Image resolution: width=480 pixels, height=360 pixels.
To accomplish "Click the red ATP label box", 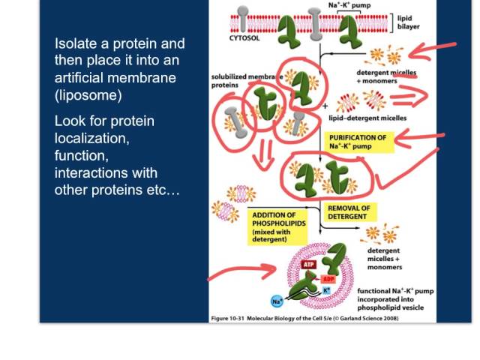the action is [x=308, y=264].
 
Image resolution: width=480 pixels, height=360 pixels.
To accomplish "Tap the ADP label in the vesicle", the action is [x=328, y=279].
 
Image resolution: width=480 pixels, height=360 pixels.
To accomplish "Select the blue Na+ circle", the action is [x=277, y=301].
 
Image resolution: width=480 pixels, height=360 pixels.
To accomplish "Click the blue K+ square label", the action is [x=326, y=290].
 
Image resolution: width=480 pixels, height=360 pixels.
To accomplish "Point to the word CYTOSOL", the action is [x=244, y=38].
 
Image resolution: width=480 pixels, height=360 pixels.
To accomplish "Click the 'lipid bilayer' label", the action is [x=408, y=22].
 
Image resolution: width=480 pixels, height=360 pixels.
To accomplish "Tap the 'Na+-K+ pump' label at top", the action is [x=349, y=5].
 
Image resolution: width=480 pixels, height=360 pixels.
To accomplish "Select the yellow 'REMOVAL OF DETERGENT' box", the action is [x=349, y=212].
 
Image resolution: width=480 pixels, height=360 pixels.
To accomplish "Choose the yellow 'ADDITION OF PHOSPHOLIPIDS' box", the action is [x=278, y=226].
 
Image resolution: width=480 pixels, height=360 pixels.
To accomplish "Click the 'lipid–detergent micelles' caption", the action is [x=367, y=118].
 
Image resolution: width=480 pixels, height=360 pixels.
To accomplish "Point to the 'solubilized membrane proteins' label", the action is [x=247, y=81].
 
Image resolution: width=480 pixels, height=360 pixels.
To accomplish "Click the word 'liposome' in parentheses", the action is [x=88, y=95].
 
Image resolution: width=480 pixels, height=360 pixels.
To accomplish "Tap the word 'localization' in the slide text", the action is [x=91, y=138].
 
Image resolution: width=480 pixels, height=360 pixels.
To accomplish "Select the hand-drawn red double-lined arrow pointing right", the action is [x=409, y=95].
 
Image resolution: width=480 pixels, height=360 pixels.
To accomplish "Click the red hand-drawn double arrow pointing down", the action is [x=262, y=154].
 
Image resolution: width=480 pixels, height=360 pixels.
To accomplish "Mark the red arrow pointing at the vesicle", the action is [x=241, y=271].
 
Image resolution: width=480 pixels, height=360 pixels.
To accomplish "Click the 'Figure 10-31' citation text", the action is [x=228, y=318].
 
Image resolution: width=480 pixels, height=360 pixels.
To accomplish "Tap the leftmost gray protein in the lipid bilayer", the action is [x=242, y=19].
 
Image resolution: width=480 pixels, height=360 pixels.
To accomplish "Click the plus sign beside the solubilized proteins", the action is [x=325, y=106].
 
